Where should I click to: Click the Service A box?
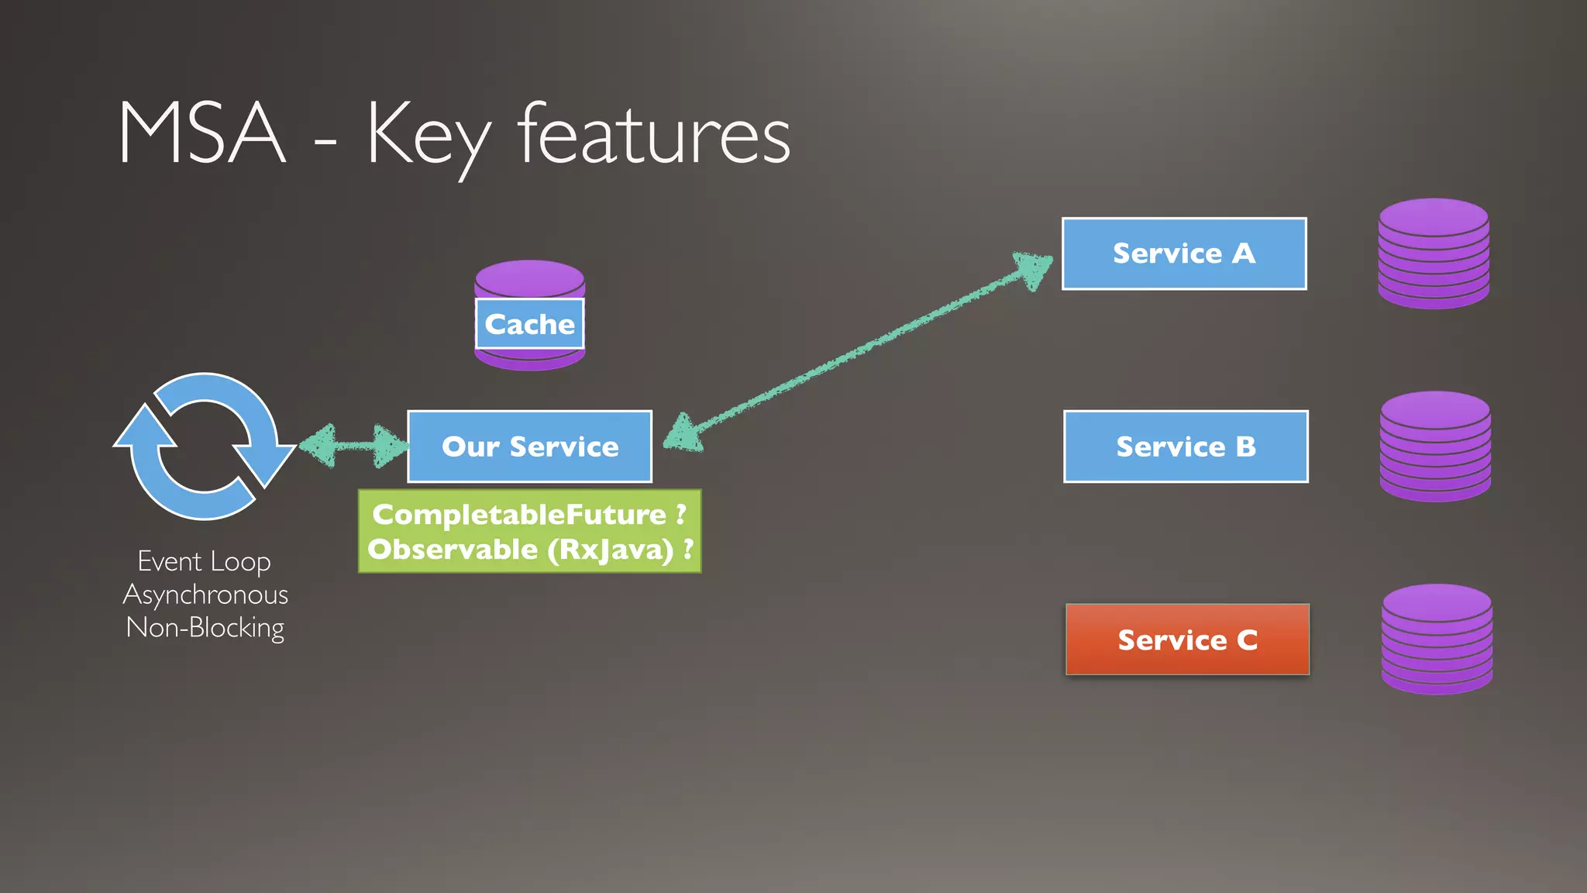coord(1183,253)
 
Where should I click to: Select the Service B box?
coord(1185,446)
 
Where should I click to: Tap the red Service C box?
coord(1186,640)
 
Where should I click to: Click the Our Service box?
coord(529,446)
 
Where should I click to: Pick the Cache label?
coord(529,324)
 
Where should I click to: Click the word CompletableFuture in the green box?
coord(519,514)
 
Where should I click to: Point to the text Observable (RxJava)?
coord(520,550)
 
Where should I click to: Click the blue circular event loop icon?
coord(204,446)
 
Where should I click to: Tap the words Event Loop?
coord(204,561)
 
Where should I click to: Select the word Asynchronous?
coord(205,595)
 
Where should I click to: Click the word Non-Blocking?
coord(205,627)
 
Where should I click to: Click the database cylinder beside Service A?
coord(1433,253)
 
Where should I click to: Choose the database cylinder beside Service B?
coord(1434,446)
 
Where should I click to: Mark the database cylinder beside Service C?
coord(1436,640)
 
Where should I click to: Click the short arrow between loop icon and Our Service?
coord(353,446)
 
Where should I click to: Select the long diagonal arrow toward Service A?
coord(852,353)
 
